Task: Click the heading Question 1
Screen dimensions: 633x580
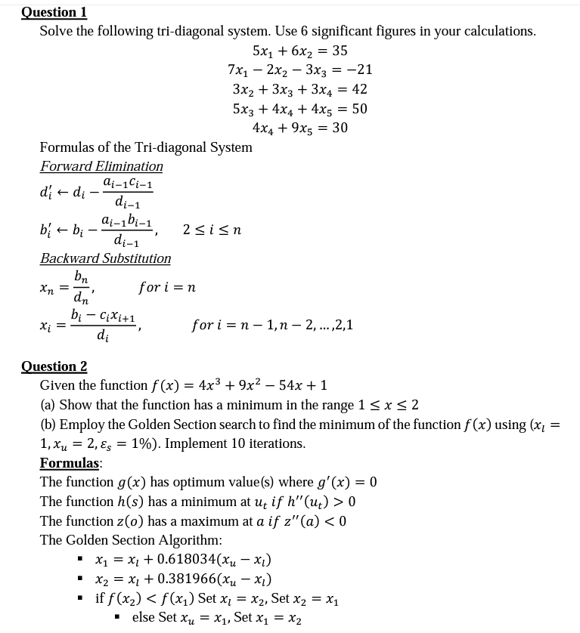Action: coord(54,12)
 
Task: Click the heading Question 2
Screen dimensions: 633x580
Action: coord(54,366)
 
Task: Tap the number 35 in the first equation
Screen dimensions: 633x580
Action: coord(340,51)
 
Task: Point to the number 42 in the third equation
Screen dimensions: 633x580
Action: coord(359,89)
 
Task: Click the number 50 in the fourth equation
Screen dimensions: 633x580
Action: coord(359,108)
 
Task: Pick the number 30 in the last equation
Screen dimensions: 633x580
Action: coord(340,128)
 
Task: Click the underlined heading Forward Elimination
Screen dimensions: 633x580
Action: coord(101,166)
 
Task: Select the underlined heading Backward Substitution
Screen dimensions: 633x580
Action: coord(105,258)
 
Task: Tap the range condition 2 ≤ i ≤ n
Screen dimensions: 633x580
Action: coord(212,230)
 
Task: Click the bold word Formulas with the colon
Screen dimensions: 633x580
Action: coord(71,462)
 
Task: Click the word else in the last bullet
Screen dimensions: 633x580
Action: coord(143,618)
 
